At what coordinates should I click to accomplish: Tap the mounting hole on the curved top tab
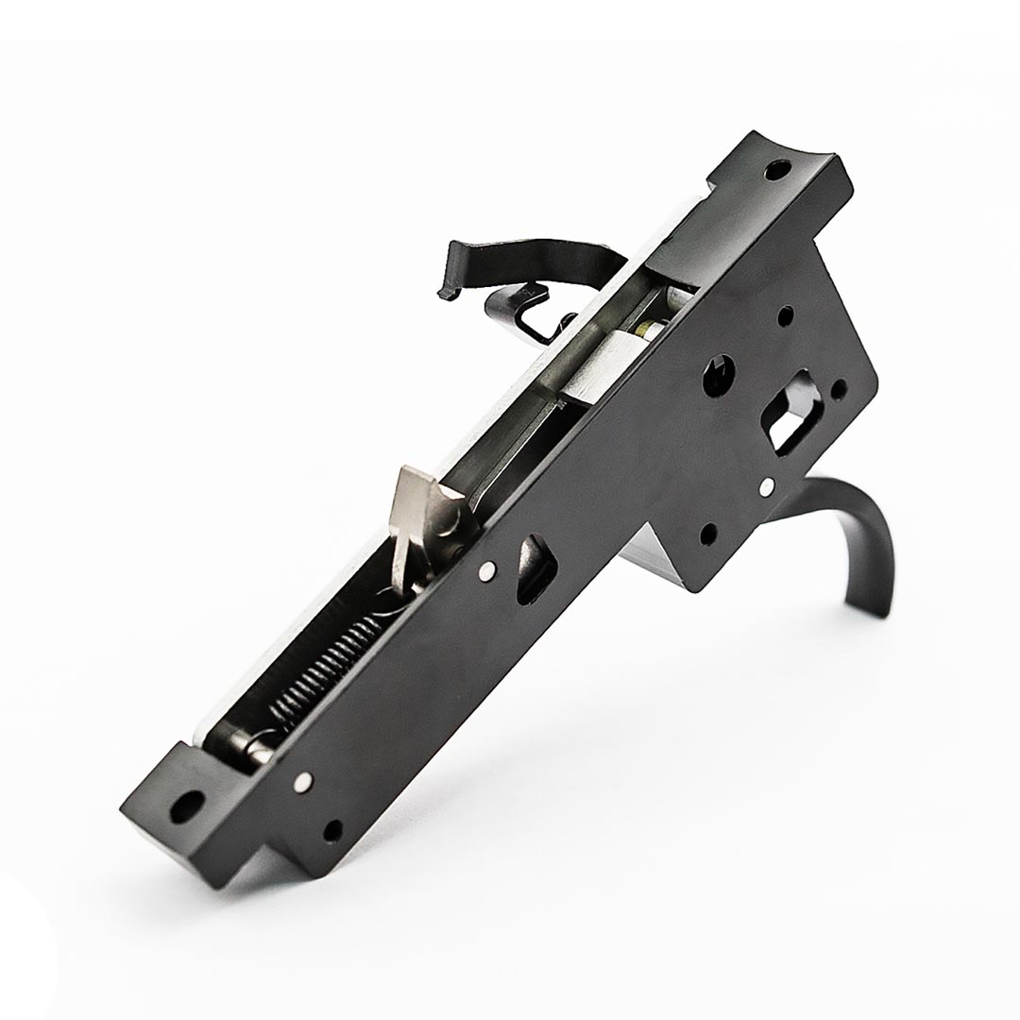point(776,173)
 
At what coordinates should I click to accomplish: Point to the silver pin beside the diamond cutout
point(486,569)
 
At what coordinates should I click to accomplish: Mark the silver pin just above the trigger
point(767,486)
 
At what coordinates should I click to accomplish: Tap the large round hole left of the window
point(717,374)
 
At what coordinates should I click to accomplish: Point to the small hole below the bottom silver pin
point(332,831)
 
